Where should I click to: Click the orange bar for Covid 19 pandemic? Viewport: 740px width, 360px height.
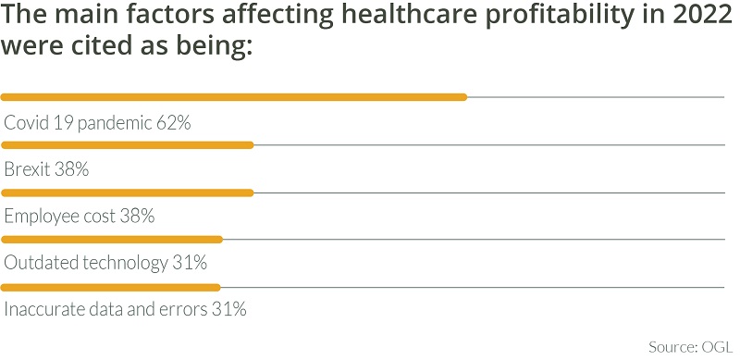tap(234, 96)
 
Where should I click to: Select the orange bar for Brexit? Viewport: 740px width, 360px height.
tap(127, 145)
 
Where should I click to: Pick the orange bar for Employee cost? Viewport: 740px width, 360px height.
tap(127, 192)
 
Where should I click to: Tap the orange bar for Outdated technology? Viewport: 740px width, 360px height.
tap(112, 240)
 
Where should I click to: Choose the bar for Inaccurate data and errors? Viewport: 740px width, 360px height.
tap(111, 287)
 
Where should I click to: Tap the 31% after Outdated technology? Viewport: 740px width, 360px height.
tap(189, 263)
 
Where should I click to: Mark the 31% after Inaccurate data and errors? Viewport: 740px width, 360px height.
tap(228, 310)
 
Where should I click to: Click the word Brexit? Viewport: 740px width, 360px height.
tap(27, 169)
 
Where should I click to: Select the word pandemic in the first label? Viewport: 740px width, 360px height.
tap(113, 123)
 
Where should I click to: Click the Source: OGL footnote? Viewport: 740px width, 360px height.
tap(689, 345)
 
